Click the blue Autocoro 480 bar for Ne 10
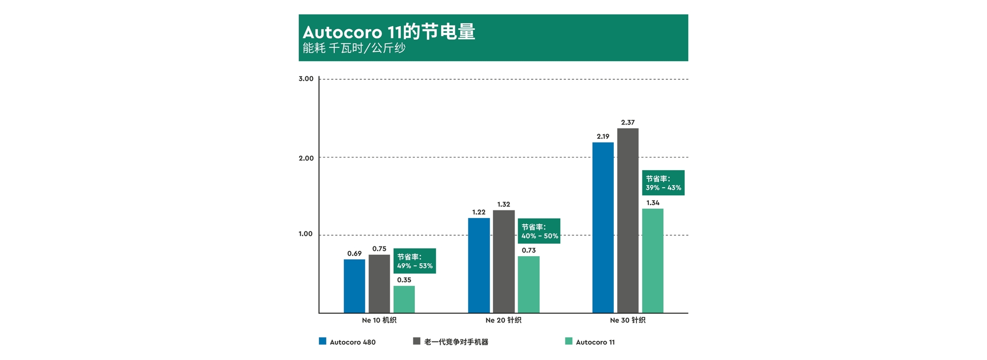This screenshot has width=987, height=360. point(354,286)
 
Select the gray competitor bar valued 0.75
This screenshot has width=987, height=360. point(379,283)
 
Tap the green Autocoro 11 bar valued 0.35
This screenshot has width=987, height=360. point(404,299)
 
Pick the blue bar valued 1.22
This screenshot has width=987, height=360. point(479,265)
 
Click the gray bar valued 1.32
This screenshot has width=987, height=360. point(504,261)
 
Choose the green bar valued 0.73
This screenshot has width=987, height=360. point(528,284)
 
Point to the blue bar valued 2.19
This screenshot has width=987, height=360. point(603,227)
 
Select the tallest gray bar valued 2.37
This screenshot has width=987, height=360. point(628,220)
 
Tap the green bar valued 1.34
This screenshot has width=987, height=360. point(653,261)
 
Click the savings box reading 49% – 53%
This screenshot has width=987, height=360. point(415,261)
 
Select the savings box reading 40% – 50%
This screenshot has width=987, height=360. point(539,231)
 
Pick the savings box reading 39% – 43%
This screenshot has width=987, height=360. point(663,183)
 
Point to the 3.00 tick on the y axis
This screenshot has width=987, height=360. point(306,79)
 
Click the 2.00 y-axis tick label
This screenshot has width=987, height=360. point(306,158)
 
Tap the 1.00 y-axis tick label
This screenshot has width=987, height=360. point(306,234)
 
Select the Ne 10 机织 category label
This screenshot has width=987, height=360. point(379,320)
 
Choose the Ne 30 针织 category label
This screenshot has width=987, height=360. point(628,320)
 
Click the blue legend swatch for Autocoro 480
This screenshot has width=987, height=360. point(323,341)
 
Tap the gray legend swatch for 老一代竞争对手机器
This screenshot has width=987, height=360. point(417,341)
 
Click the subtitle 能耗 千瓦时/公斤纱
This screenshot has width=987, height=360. point(354,48)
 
